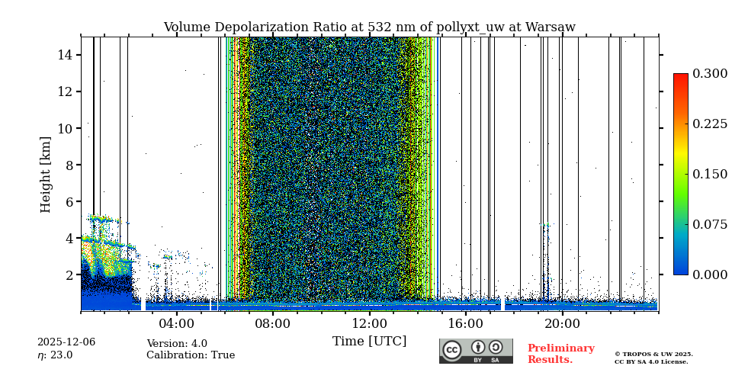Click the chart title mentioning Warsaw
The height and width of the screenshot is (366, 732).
pos(369,27)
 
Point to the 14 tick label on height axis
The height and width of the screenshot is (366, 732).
pos(64,55)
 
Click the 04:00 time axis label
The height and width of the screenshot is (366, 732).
pos(176,323)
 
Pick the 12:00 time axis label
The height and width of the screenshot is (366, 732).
pos(369,323)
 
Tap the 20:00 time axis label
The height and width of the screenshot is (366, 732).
pos(562,323)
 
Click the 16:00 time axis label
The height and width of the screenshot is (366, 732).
pos(465,323)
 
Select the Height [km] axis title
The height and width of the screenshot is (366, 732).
pos(46,174)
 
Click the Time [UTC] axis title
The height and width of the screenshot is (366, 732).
pos(369,341)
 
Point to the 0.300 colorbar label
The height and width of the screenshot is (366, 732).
pos(709,74)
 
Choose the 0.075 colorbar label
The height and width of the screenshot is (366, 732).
pos(709,224)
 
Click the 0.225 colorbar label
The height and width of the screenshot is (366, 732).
pos(709,124)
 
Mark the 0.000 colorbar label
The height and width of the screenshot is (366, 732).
pos(709,274)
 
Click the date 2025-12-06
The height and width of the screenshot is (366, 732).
pos(66,342)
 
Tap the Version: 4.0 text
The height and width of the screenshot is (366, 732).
pos(177,344)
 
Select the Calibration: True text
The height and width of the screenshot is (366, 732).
pos(191,355)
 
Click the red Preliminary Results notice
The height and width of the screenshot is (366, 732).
pos(560,354)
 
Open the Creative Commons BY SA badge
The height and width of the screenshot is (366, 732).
pos(476,351)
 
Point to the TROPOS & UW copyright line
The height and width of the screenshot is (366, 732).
pos(653,354)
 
